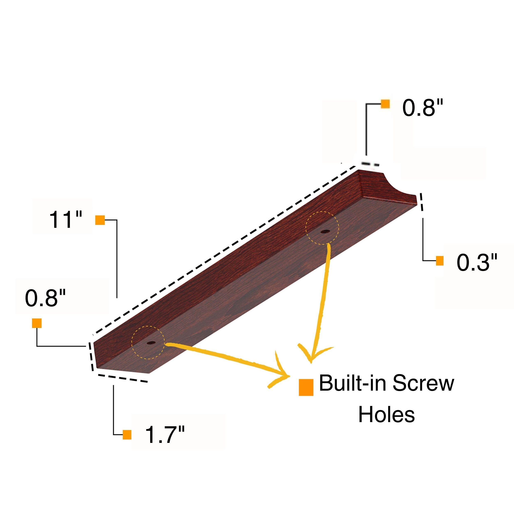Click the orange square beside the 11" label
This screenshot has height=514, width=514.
point(100,220)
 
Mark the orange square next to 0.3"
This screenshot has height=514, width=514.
point(440,261)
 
